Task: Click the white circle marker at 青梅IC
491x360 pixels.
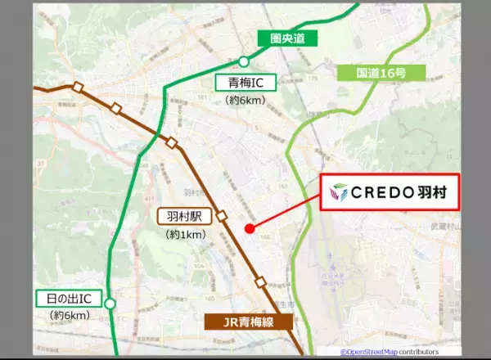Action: point(243,61)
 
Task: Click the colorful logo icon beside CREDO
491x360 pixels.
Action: point(337,193)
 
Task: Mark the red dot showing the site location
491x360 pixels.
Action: point(246,229)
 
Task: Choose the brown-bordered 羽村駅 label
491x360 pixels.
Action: point(185,217)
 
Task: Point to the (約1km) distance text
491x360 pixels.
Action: point(185,234)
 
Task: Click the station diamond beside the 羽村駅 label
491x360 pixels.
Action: point(221,215)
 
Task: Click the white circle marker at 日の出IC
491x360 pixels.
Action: point(110,303)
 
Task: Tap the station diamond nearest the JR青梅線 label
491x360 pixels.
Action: point(260,282)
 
